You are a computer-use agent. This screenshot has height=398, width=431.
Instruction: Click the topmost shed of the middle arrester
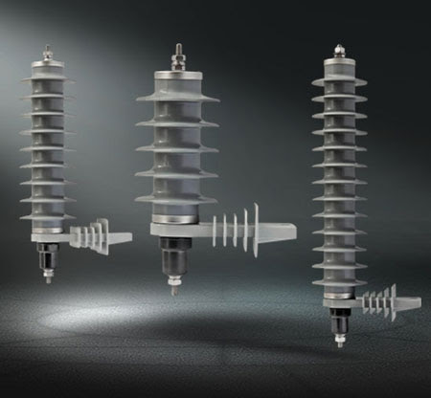tap(177, 97)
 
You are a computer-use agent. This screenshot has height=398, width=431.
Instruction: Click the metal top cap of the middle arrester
tap(177, 77)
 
